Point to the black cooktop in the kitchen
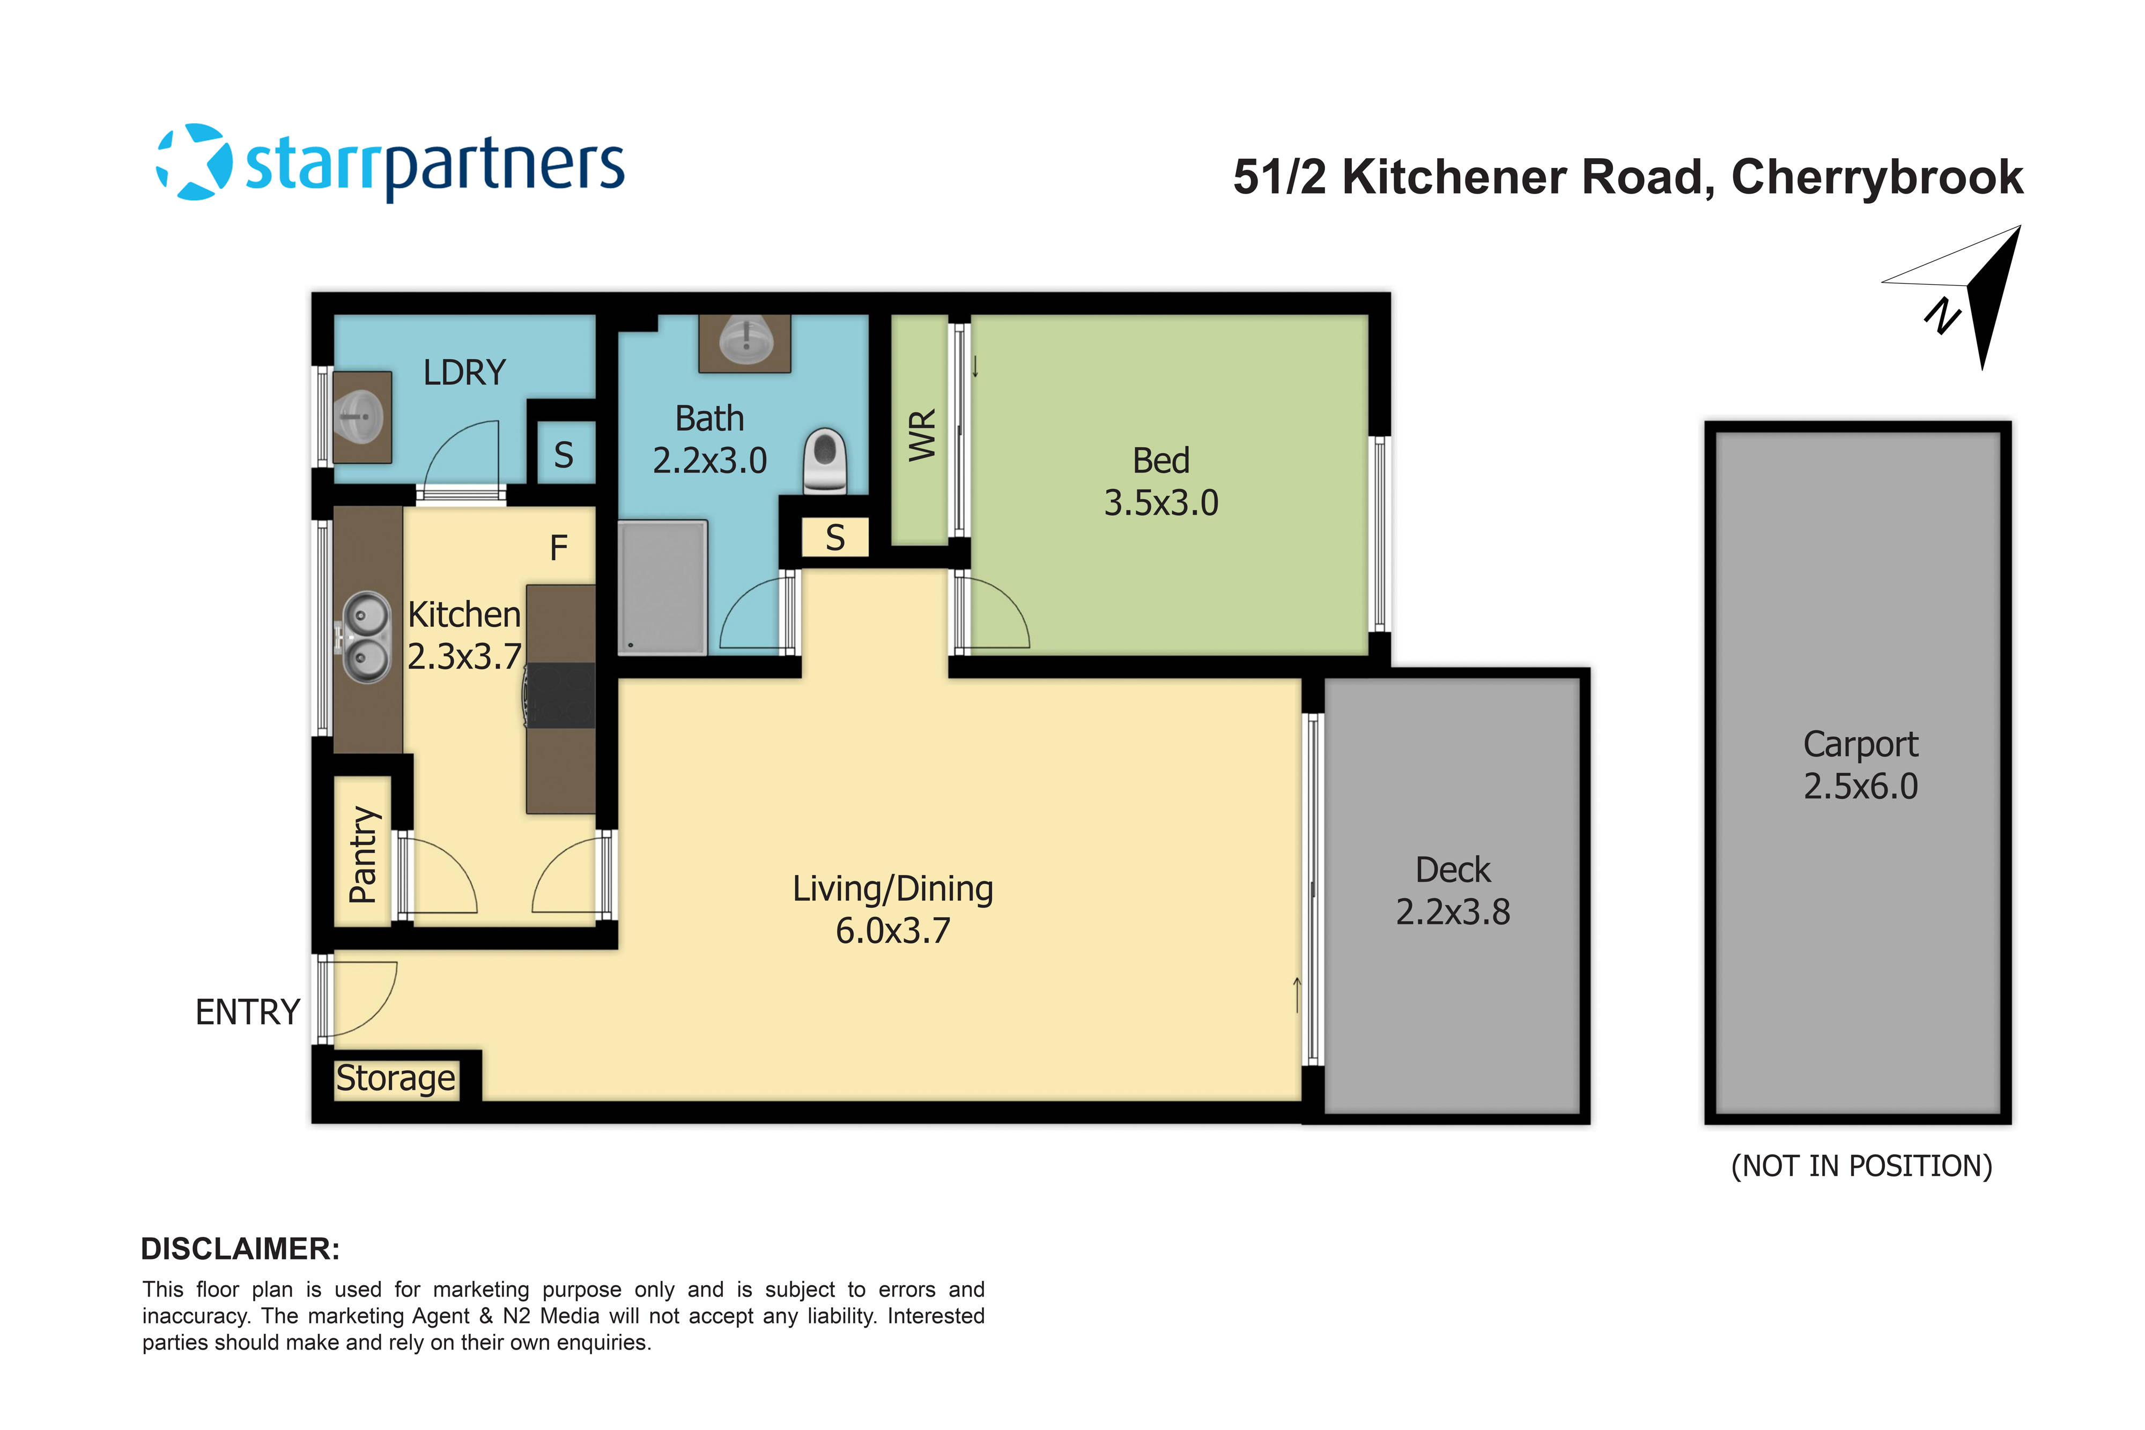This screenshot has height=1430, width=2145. pos(561,695)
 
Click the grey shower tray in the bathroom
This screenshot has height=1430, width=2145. pos(662,587)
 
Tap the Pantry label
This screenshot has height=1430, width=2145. pos(363,855)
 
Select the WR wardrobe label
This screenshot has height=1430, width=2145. pos(922,435)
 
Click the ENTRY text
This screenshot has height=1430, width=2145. pos(247,1012)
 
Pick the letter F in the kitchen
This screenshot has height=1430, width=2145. pos(558,548)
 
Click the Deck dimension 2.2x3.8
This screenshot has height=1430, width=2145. pos(1453,912)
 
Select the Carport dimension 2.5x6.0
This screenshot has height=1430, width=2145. pos(1860,786)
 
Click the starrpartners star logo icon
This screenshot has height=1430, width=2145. pos(194,162)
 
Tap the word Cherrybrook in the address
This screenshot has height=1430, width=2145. pos(1877,177)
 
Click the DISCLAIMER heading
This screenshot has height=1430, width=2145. pos(240,1249)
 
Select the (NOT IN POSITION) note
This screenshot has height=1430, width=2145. pos(1861,1166)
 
